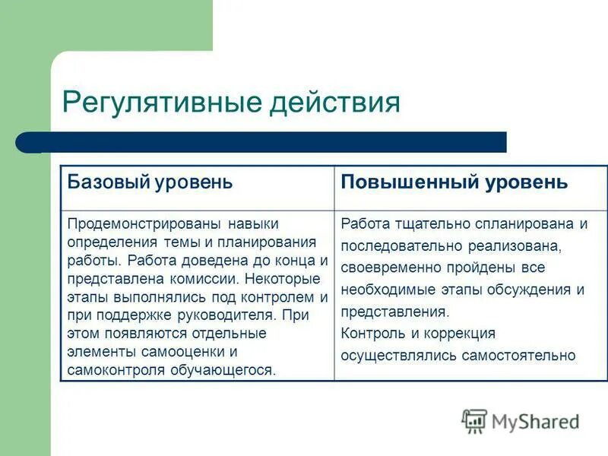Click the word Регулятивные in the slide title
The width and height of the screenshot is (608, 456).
pyautogui.click(x=159, y=102)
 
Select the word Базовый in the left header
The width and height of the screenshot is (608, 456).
pyautogui.click(x=109, y=182)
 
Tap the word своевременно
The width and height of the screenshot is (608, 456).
pyautogui.click(x=391, y=268)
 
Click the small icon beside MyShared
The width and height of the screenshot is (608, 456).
pyautogui.click(x=474, y=421)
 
